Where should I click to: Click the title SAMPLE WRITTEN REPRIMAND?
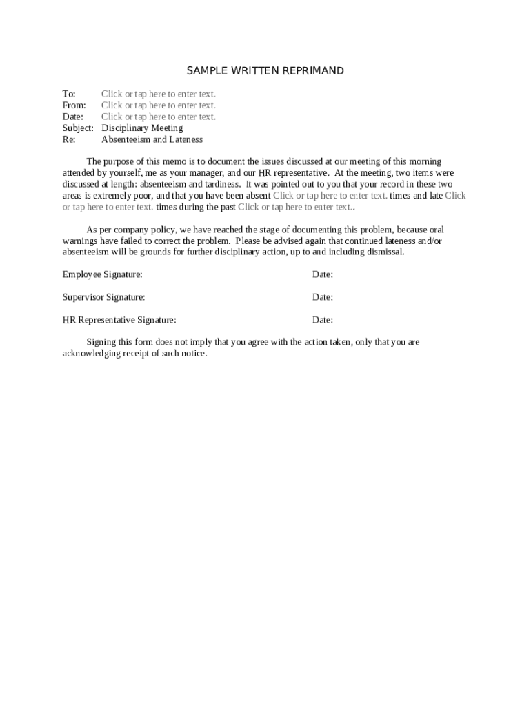pyautogui.click(x=265, y=71)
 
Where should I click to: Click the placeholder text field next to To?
pyautogui.click(x=159, y=94)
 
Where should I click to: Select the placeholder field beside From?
pyautogui.click(x=159, y=105)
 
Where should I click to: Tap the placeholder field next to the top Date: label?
pyautogui.click(x=159, y=117)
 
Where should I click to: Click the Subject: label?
pyautogui.click(x=78, y=128)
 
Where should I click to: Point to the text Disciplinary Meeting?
pyautogui.click(x=142, y=128)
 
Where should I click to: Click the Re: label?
pyautogui.click(x=69, y=139)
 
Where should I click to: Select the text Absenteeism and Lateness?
pyautogui.click(x=152, y=139)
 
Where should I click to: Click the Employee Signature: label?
pyautogui.click(x=103, y=274)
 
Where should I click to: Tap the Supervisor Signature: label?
pyautogui.click(x=104, y=297)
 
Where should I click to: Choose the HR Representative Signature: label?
pyautogui.click(x=119, y=320)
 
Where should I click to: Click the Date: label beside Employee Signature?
pyautogui.click(x=323, y=274)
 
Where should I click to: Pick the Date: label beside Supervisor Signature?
pyautogui.click(x=323, y=297)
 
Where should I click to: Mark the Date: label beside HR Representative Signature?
pyautogui.click(x=323, y=320)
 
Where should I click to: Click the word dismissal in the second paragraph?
pyautogui.click(x=385, y=252)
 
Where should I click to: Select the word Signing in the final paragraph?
pyautogui.click(x=101, y=342)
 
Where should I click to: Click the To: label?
pyautogui.click(x=69, y=94)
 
